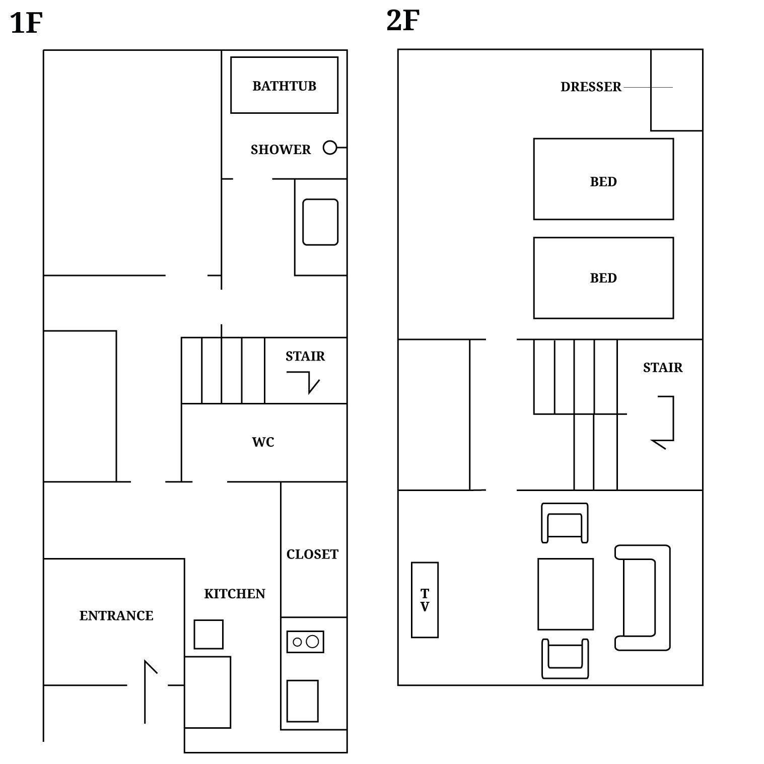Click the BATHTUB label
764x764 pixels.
pyautogui.click(x=284, y=86)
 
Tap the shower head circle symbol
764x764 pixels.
pyautogui.click(x=330, y=148)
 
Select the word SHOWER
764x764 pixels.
pyautogui.click(x=281, y=150)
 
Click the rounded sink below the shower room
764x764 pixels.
pyautogui.click(x=320, y=222)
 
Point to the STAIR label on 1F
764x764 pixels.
pyautogui.click(x=305, y=357)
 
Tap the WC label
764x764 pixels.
pyautogui.click(x=263, y=442)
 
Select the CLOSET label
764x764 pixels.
pyautogui.click(x=312, y=554)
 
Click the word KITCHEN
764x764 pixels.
pyautogui.click(x=235, y=594)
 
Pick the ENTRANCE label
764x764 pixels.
pyautogui.click(x=116, y=615)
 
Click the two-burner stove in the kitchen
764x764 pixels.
pyautogui.click(x=305, y=642)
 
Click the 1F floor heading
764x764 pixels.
pyautogui.click(x=26, y=23)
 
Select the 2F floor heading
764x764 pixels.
pyautogui.click(x=403, y=21)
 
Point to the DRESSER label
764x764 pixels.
pyautogui.click(x=591, y=87)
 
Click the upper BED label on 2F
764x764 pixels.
pyautogui.click(x=603, y=182)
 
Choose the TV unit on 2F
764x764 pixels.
pyautogui.click(x=425, y=600)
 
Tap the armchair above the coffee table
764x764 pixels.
pyautogui.click(x=565, y=523)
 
